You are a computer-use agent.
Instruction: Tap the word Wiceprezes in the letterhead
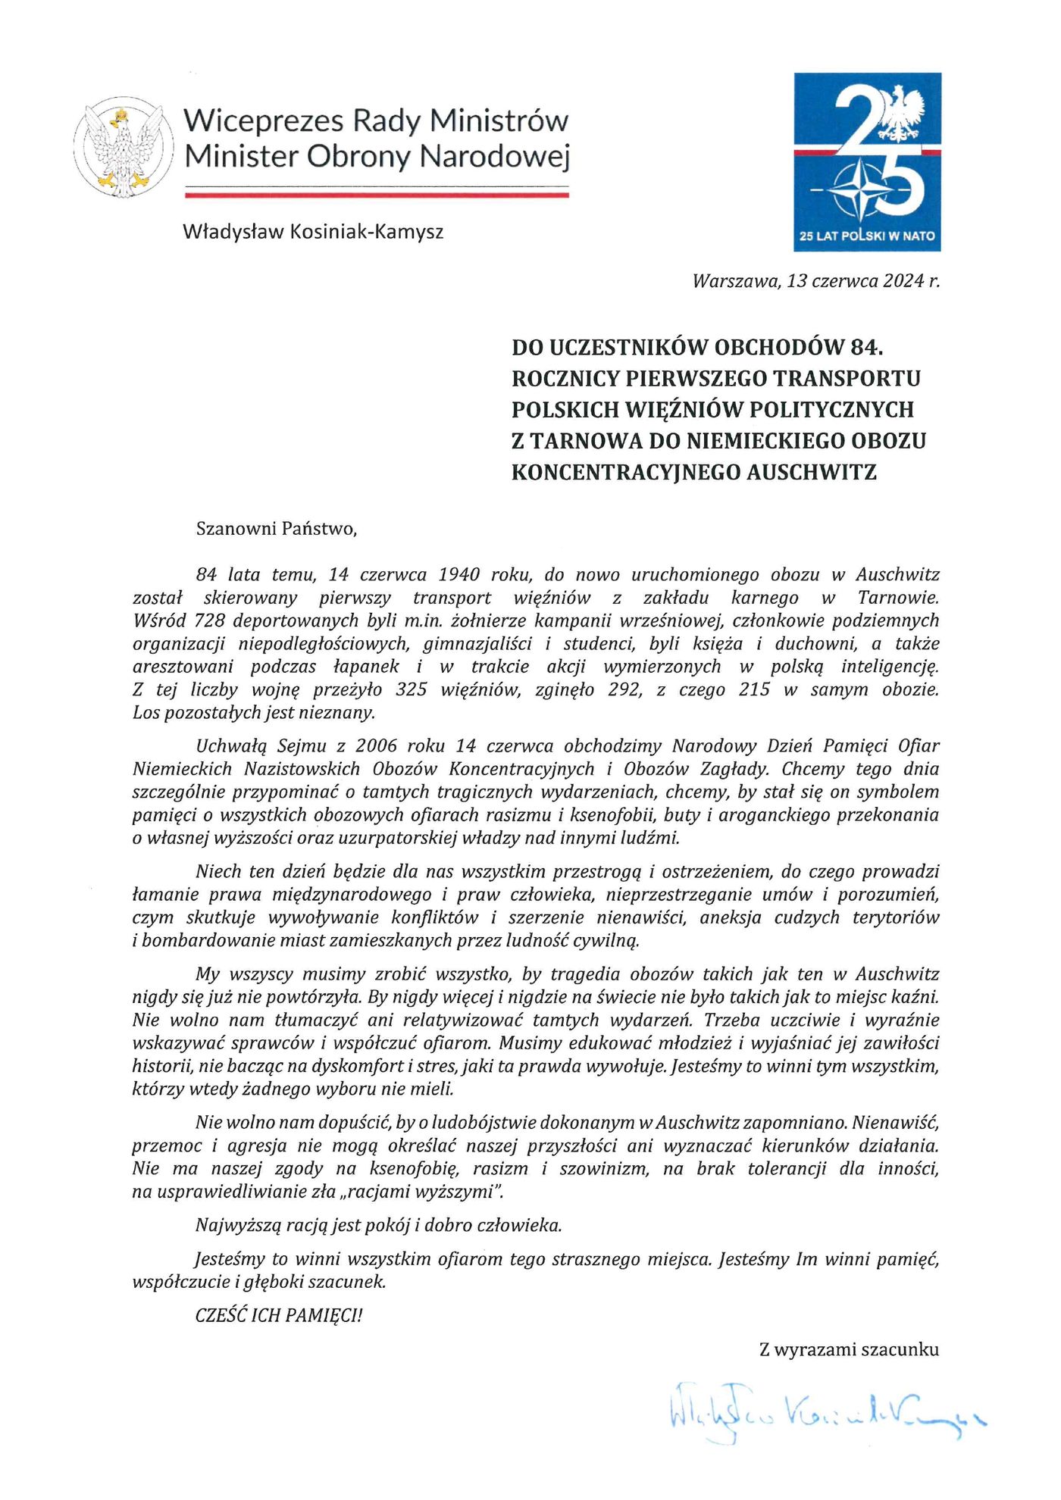tap(263, 121)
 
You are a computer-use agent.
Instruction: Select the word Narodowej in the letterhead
tap(494, 157)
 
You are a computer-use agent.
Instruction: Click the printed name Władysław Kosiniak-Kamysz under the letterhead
tap(313, 232)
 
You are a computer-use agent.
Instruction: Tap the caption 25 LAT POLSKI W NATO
tap(867, 236)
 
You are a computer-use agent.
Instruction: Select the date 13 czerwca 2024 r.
tap(862, 281)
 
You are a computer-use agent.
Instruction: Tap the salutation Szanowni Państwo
tap(276, 529)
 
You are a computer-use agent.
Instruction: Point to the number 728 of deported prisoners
tap(210, 621)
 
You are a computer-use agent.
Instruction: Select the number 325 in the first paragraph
tap(412, 690)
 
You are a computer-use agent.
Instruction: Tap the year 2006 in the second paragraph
tap(377, 746)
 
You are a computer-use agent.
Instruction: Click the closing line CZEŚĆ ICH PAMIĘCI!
tap(279, 1315)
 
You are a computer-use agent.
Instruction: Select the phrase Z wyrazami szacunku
tap(849, 1349)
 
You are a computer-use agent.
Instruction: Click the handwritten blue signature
tap(826, 1411)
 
